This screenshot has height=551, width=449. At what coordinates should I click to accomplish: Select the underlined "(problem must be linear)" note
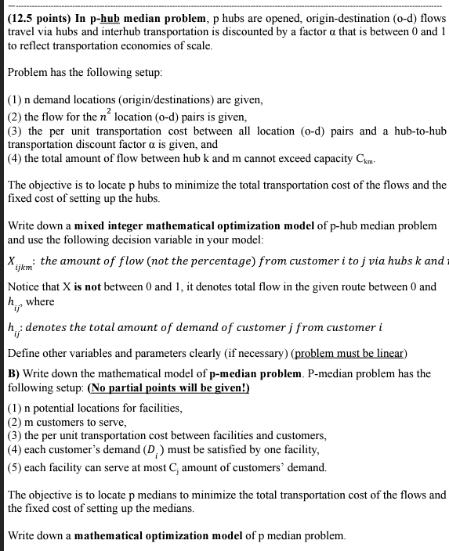(343, 353)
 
